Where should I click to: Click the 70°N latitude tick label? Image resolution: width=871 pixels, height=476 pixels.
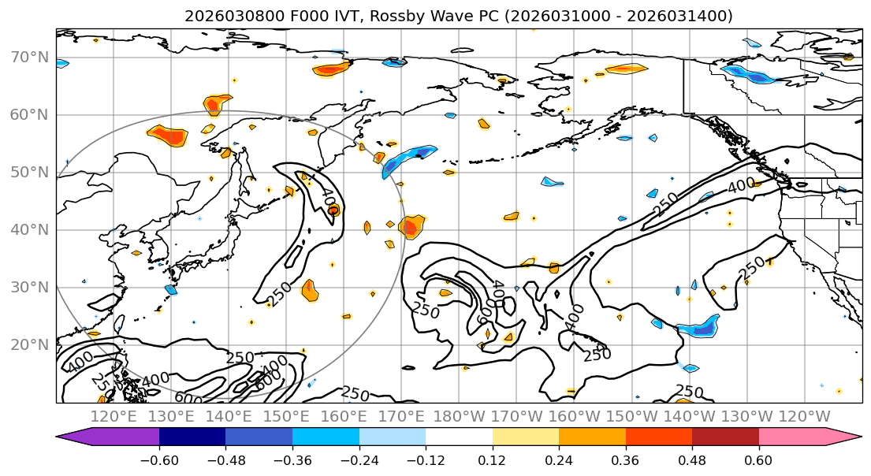(x=29, y=58)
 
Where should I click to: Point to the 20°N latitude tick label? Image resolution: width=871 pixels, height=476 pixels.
(x=29, y=345)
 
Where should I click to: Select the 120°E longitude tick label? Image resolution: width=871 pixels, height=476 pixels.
(x=114, y=416)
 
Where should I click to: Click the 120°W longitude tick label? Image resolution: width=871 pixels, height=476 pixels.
(x=804, y=416)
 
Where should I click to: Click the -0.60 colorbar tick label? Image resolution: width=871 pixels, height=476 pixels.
(x=159, y=459)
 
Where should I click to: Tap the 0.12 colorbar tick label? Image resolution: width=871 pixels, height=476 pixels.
(x=493, y=459)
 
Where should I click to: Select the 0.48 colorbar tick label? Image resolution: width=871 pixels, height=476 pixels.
(x=692, y=459)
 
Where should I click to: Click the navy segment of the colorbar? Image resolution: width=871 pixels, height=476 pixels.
(x=192, y=437)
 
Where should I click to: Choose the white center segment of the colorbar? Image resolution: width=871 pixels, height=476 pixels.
(x=459, y=437)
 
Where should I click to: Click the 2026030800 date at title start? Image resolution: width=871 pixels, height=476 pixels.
(x=221, y=16)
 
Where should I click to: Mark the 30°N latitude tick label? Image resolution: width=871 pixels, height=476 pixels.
(x=29, y=288)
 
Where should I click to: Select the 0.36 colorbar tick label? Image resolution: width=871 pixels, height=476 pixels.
(x=625, y=459)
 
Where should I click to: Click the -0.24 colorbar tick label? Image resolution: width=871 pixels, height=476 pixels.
(x=359, y=459)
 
